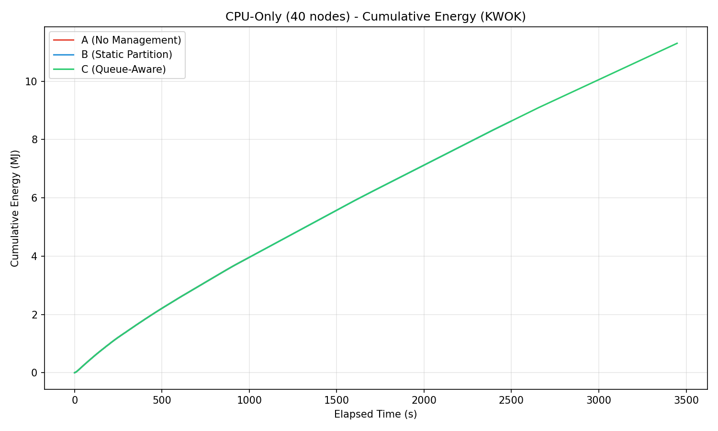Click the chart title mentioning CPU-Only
(x=375, y=17)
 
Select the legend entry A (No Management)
(x=131, y=40)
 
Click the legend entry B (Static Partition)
(x=126, y=55)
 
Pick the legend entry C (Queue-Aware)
(x=123, y=69)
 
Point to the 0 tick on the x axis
(x=74, y=400)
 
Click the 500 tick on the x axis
(x=161, y=400)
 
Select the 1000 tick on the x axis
(x=249, y=400)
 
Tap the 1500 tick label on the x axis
(x=336, y=400)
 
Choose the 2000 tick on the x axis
(x=424, y=400)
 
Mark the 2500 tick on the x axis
(x=511, y=400)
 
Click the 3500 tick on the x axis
(x=686, y=400)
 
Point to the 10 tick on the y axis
(x=31, y=81)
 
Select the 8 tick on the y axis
(x=34, y=140)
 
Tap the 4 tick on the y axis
(x=34, y=256)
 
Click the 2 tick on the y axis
(x=34, y=315)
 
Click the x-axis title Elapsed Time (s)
(x=375, y=414)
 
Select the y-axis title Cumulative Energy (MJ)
(x=15, y=208)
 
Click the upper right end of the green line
(x=677, y=43)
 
